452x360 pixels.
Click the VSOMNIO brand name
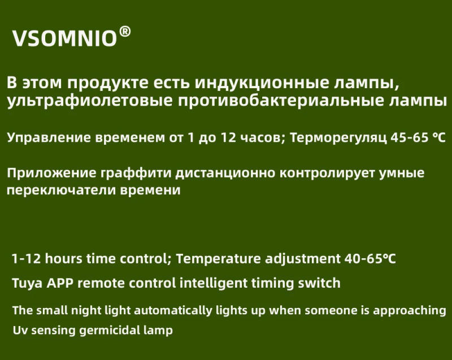(64, 38)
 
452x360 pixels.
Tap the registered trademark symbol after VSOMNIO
(125, 32)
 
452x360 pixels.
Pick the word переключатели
(60, 191)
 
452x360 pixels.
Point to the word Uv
(18, 329)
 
